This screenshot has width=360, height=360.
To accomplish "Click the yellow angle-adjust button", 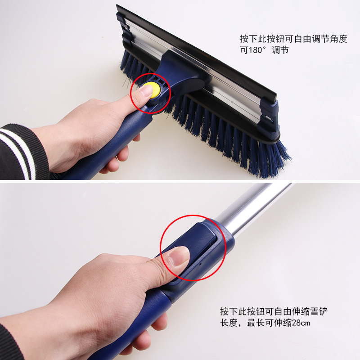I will [x=154, y=89].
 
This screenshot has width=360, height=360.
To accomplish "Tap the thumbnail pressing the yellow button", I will [x=144, y=92].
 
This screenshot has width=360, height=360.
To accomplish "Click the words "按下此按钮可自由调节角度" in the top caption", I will [x=293, y=39].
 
